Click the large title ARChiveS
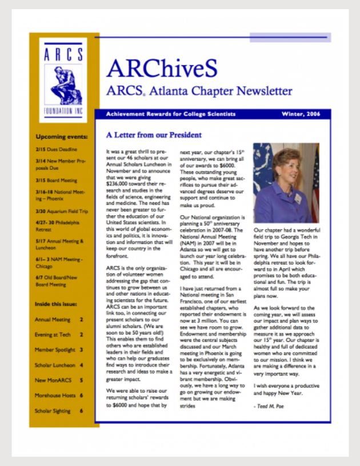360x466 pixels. click(x=162, y=69)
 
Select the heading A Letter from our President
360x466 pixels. click(x=154, y=135)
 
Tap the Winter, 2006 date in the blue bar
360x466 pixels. click(x=304, y=114)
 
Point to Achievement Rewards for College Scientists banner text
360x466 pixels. click(x=170, y=114)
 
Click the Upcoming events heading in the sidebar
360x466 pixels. click(x=62, y=137)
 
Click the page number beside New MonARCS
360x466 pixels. click(x=81, y=380)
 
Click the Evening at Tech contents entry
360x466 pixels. click(x=53, y=334)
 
